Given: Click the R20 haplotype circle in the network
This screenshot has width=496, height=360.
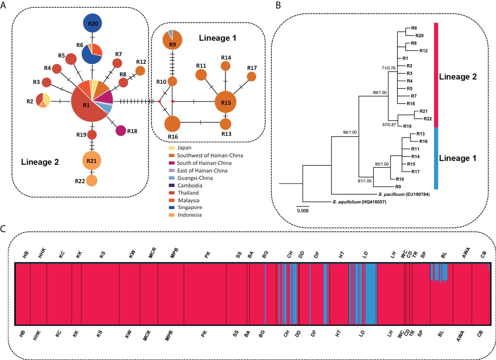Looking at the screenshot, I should [93, 23].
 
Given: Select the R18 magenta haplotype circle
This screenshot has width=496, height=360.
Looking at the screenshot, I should [121, 131].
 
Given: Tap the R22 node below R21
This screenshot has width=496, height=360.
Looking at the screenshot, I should [92, 181].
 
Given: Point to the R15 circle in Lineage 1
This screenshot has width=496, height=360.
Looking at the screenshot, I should [225, 102].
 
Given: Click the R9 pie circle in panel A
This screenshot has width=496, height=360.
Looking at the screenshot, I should [172, 40].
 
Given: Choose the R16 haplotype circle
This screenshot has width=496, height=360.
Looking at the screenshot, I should [172, 124].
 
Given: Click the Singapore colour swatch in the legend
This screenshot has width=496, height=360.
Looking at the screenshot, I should [172, 207].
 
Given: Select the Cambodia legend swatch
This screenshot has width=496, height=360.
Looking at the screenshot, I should [172, 185].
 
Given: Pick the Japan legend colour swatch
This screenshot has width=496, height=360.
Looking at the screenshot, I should [172, 148].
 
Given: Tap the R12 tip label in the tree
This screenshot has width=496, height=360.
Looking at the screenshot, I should [423, 51].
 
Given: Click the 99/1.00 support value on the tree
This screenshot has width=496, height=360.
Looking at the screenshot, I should [380, 93].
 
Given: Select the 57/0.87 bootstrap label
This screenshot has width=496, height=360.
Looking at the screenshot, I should [389, 125].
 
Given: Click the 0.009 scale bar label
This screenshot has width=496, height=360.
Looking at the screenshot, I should [303, 211].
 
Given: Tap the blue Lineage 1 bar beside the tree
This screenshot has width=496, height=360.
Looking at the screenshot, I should [436, 158].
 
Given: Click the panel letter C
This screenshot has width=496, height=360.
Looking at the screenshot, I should [3, 229].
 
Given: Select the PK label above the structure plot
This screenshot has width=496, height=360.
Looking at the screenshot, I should [207, 255].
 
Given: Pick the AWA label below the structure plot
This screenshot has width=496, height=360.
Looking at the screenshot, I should [460, 336].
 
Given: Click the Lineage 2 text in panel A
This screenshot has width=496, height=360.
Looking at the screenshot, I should [40, 162].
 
